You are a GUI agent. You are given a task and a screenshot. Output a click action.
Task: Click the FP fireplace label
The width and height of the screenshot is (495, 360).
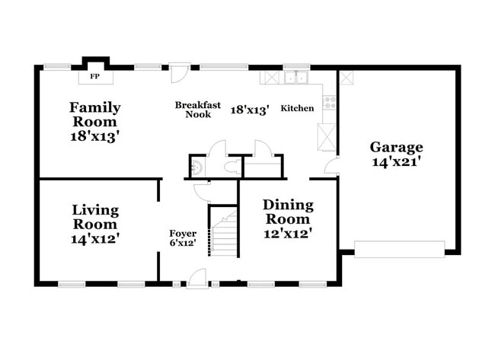click(x=95, y=77)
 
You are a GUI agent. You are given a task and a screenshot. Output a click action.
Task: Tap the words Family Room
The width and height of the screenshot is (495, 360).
click(x=95, y=114)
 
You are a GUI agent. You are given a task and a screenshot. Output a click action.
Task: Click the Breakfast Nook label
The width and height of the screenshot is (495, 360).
click(x=193, y=110)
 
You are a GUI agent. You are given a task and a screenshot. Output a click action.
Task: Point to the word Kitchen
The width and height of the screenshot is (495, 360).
click(x=297, y=109)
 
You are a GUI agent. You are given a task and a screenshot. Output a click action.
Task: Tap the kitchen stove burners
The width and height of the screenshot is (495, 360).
click(x=330, y=102)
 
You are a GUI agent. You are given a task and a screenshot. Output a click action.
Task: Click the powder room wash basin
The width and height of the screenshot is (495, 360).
click(x=196, y=167)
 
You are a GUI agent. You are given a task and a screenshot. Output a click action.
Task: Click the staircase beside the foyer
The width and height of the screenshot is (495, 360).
click(x=224, y=231)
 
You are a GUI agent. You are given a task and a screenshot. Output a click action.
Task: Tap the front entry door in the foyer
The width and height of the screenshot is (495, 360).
click(x=197, y=279)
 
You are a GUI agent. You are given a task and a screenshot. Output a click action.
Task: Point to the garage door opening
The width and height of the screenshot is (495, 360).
click(x=399, y=249)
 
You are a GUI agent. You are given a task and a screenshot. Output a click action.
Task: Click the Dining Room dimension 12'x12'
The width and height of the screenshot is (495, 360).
click(x=288, y=234)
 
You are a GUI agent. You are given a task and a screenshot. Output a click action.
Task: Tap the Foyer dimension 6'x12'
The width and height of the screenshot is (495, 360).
click(x=183, y=243)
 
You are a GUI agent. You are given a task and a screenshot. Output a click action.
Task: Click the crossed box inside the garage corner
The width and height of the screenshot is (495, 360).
click(x=346, y=77)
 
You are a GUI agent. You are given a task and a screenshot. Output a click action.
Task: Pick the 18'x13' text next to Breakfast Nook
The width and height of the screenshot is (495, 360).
click(x=250, y=110)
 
